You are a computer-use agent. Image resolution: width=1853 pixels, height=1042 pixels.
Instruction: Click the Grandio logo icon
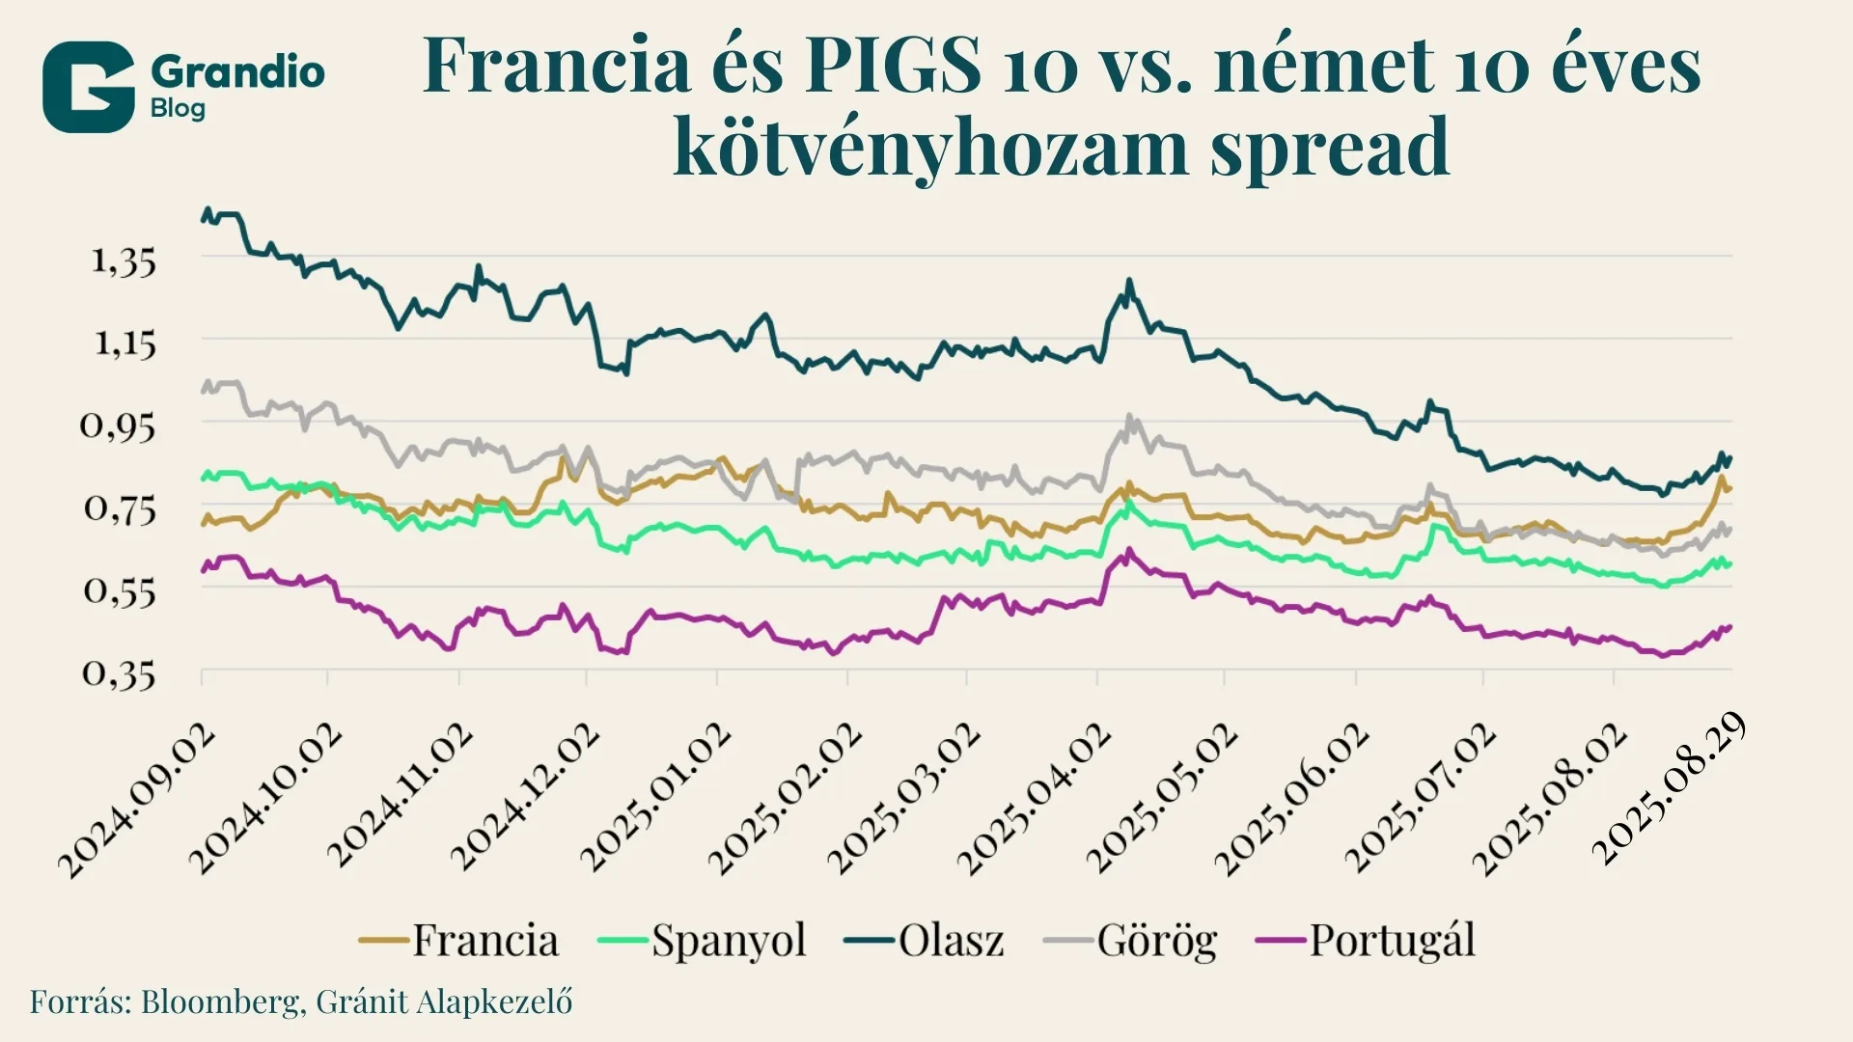(x=88, y=87)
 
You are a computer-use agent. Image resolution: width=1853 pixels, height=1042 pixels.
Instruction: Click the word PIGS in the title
(x=893, y=66)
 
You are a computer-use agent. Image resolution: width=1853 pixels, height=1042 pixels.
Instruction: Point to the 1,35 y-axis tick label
(x=124, y=261)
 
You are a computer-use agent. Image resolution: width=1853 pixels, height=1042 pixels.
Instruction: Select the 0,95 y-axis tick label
(x=118, y=425)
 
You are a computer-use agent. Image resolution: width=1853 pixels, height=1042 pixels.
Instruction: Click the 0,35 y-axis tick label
(x=118, y=673)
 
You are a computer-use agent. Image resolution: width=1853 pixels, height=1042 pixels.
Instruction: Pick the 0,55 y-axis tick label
(x=118, y=590)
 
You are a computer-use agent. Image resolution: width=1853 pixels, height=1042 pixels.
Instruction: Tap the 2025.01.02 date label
(x=656, y=799)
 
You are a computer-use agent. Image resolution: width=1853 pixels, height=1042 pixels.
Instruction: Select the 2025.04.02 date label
(x=1034, y=799)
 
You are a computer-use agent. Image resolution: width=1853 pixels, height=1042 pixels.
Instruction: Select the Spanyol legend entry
(x=703, y=940)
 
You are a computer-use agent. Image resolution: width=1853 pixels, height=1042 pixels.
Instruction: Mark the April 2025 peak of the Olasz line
(x=1128, y=281)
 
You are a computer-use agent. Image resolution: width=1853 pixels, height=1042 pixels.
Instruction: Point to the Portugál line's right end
(x=1730, y=627)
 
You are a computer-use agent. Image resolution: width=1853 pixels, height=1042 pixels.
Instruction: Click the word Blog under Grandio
(x=178, y=108)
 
